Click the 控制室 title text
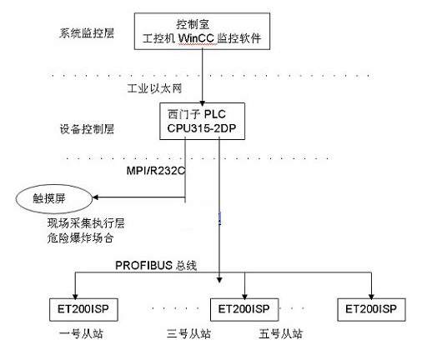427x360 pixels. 193,24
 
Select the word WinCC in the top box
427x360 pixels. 196,38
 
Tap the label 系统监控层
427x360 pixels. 87,33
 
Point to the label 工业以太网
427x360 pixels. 154,88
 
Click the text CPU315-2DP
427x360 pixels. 202,128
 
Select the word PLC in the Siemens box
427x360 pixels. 215,114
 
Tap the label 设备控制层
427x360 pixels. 87,129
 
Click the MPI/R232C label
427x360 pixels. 156,171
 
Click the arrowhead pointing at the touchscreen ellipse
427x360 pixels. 95,197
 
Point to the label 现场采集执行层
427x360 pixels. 86,223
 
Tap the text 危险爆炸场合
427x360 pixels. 81,238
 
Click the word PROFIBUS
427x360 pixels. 143,266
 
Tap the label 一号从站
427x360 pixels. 81,334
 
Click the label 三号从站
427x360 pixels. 188,334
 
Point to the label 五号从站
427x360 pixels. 281,334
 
